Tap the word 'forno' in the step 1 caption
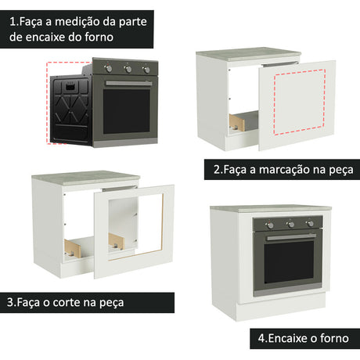click(99, 37)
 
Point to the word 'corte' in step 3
click(67, 303)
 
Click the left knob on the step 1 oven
click(109, 68)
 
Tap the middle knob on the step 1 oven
click(128, 69)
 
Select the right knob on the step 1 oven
click(146, 70)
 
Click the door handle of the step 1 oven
click(129, 83)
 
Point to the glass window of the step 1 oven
click(127, 112)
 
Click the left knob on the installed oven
click(271, 225)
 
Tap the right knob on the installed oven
click(310, 224)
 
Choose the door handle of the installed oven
click(291, 237)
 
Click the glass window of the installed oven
click(289, 262)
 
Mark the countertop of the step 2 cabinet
click(249, 54)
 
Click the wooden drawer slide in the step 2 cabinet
click(237, 122)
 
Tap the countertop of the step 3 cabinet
click(86, 178)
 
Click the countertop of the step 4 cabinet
click(271, 208)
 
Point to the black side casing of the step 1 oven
click(71, 110)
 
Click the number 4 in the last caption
click(261, 339)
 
